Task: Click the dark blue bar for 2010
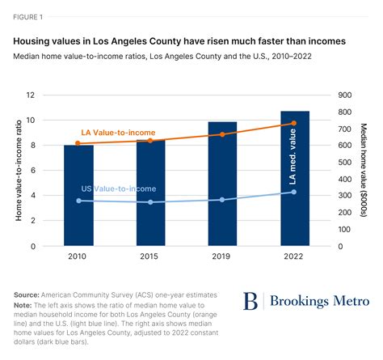(x=78, y=196)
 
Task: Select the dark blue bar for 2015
(x=150, y=193)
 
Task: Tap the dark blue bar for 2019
(x=222, y=184)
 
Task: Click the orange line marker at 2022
(x=293, y=124)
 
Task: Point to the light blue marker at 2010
(x=78, y=201)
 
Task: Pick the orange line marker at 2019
(x=222, y=134)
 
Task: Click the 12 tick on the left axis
(x=32, y=95)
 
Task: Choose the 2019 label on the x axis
(x=222, y=258)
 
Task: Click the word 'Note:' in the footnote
(x=26, y=304)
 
